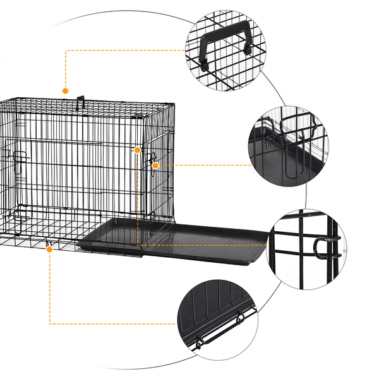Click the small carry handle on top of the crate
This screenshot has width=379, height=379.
81,100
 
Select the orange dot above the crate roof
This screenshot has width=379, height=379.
65,91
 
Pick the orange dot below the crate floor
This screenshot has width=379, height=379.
49,250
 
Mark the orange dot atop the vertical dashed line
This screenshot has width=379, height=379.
137,150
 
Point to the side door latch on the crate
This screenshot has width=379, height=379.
152,158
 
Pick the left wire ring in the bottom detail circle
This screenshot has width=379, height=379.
198,344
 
